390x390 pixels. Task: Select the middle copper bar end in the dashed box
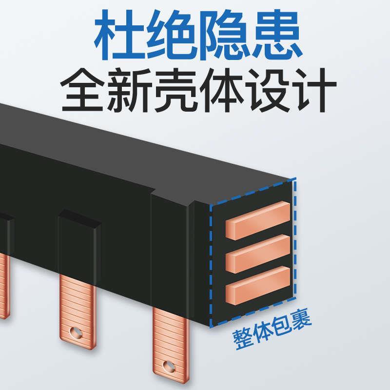click(x=257, y=253)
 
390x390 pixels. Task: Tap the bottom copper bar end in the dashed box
click(x=257, y=284)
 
